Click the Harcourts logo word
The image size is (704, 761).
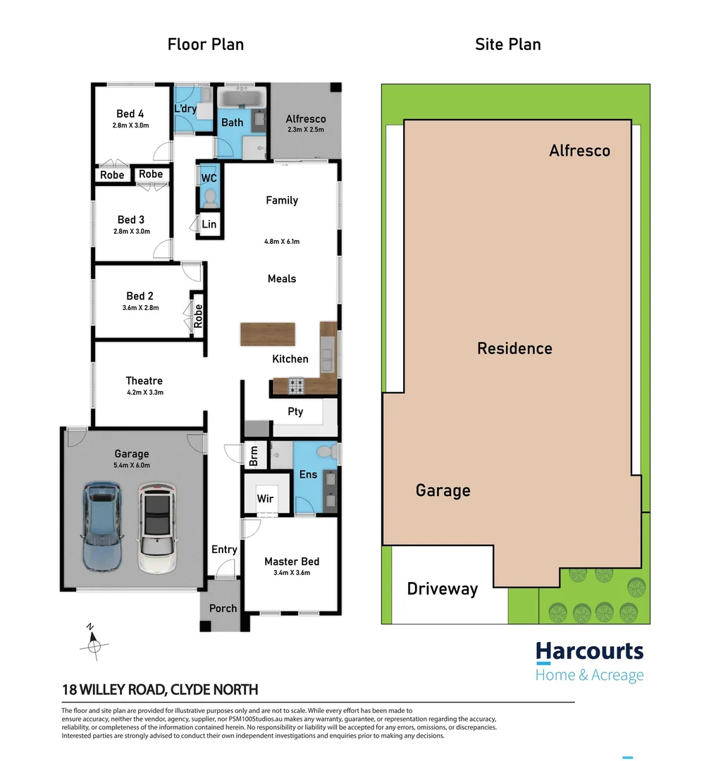point(590,650)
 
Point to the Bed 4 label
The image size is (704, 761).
point(130,113)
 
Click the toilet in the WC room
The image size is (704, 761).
point(209,200)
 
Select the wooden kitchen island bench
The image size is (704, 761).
point(267,334)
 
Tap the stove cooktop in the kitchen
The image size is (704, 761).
point(297,385)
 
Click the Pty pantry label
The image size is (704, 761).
point(295,411)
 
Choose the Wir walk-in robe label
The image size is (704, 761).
point(265,498)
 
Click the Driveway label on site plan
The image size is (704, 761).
point(443,589)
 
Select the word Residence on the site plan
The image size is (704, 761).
point(514,348)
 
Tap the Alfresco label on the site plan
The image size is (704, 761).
point(579,150)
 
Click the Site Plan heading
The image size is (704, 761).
point(508,44)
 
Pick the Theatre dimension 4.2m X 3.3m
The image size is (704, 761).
point(144,392)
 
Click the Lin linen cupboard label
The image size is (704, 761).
point(209,224)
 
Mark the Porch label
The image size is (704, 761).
point(223,608)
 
